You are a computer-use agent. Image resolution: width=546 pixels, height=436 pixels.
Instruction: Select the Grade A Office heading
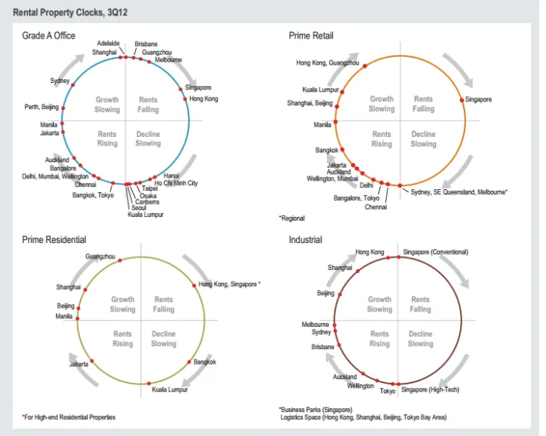coord(49,36)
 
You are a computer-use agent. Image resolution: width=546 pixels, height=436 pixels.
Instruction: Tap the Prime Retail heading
coord(311,36)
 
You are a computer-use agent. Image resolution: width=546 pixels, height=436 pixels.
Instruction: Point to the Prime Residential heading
coord(54,240)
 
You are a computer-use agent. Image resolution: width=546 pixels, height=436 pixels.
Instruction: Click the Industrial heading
coord(305,240)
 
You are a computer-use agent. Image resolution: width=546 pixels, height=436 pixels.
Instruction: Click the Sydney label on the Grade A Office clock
coord(60,81)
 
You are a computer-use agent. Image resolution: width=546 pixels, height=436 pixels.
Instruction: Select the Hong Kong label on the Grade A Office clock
coord(204,99)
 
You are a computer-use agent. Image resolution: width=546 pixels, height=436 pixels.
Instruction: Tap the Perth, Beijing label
coord(42,107)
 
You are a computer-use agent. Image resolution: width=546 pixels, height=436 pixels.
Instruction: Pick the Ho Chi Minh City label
coord(176,184)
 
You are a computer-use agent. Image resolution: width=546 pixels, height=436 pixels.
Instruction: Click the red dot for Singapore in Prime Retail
coord(462,100)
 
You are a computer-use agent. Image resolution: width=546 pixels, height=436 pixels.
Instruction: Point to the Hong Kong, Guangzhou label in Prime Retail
coord(328,63)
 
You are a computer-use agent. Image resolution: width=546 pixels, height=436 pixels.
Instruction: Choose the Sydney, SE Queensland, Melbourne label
coord(459,191)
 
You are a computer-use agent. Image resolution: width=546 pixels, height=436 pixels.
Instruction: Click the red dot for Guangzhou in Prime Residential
coord(119,261)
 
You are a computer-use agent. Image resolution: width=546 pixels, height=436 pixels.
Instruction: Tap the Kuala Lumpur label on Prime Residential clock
coord(170,391)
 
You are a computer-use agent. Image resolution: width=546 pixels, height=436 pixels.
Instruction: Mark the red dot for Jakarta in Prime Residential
coord(92,361)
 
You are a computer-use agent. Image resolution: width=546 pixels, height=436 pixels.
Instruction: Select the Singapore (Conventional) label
coord(435,252)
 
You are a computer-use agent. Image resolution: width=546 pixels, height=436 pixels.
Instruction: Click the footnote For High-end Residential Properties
coord(69,418)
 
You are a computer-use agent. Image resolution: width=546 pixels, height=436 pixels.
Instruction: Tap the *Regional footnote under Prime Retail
coord(291,218)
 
